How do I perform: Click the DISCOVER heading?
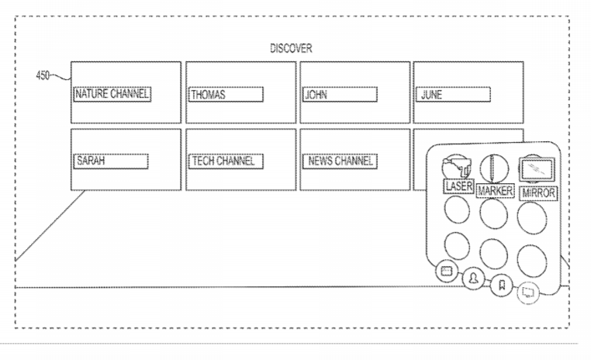coord(291,48)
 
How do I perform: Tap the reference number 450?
coord(43,75)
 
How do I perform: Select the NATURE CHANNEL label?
coord(112,94)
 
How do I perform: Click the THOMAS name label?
coord(226,94)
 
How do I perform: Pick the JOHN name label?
coord(340,94)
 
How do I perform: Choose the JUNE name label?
coord(453,94)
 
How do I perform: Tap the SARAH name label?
coord(110,161)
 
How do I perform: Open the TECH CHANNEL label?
coord(226,161)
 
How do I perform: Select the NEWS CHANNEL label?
coord(340,161)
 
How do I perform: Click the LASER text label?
coord(458,186)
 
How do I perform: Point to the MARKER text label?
coord(495,191)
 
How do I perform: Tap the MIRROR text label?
coord(538,193)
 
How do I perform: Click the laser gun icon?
coord(457,167)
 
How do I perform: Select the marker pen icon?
coord(494,168)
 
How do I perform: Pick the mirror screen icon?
coord(537,169)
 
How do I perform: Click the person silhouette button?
coord(473,279)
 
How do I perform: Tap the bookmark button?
coord(502,285)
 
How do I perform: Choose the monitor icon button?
coord(528,292)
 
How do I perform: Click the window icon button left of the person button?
coord(447,271)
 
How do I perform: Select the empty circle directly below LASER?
coord(457,209)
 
